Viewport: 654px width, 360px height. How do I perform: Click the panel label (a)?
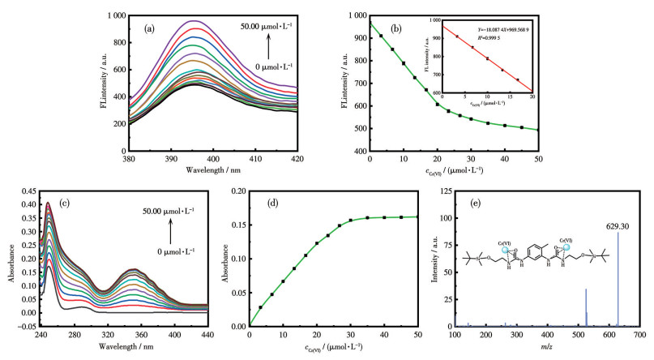point(150,28)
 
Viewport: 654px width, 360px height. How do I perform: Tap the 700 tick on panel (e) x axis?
point(639,334)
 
